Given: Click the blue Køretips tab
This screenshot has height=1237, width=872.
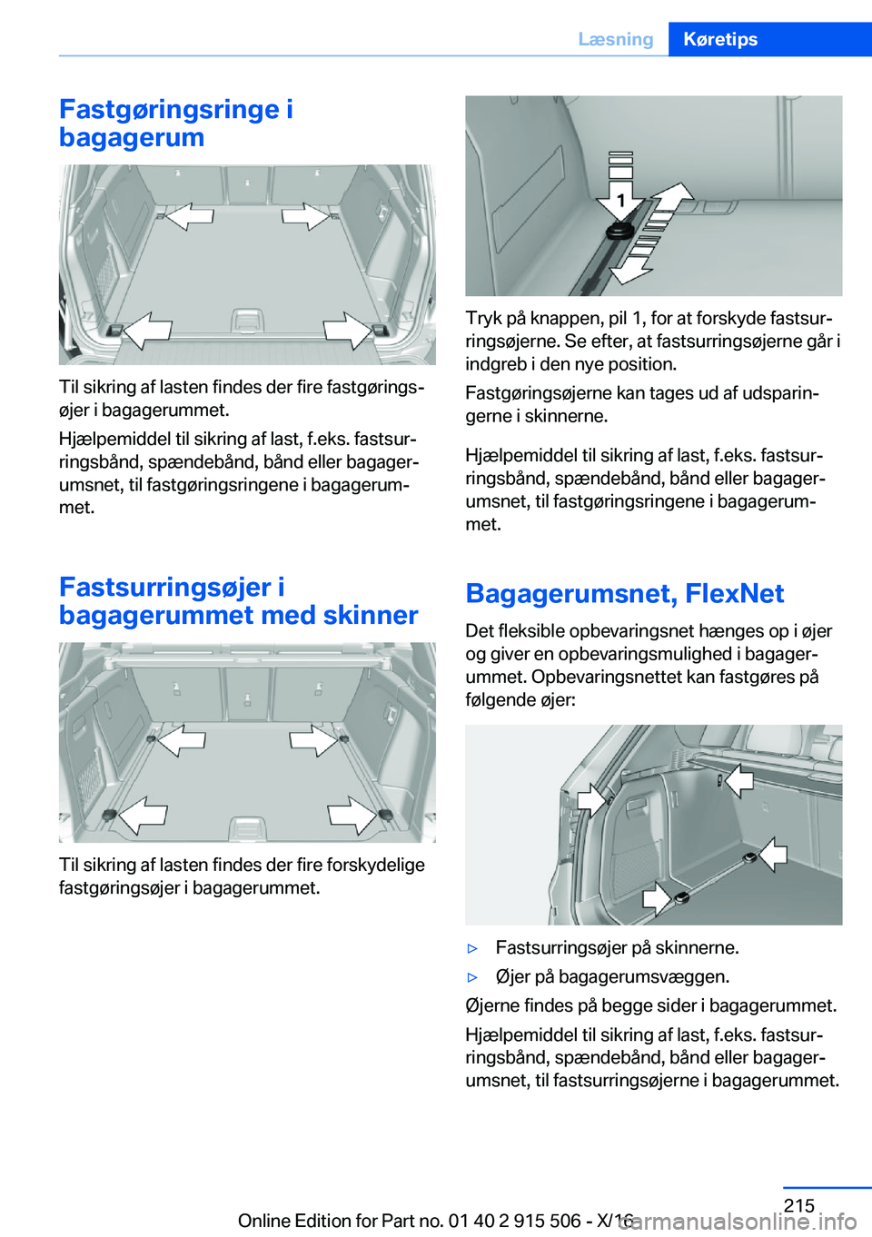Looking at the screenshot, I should click(720, 39).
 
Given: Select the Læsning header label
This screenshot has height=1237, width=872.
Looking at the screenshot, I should click(615, 39).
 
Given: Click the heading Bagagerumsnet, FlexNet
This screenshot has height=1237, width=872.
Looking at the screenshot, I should click(624, 593).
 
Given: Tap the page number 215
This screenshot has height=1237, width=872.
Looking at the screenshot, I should click(798, 1205).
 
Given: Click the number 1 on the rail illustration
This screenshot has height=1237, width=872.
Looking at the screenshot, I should click(620, 200).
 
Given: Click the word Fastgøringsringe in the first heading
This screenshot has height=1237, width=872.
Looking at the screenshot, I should click(169, 109).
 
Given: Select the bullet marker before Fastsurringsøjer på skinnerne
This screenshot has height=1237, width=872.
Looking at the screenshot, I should click(472, 948).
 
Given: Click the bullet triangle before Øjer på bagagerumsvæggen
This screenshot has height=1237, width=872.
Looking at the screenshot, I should click(472, 977).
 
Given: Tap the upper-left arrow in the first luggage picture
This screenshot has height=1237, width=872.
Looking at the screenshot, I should click(189, 215).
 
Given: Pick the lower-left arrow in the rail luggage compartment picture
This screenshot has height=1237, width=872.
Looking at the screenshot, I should click(143, 815).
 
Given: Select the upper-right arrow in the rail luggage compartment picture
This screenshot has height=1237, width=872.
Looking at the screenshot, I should click(312, 739).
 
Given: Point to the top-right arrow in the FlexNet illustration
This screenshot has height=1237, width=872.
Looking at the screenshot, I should click(739, 779).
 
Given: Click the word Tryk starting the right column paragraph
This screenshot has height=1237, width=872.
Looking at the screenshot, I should click(482, 318).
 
